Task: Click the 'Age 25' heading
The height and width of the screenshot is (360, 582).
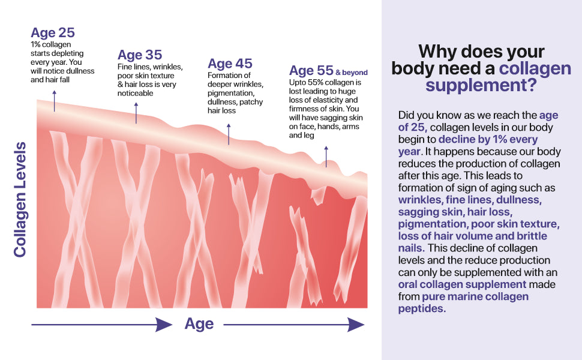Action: tap(53, 32)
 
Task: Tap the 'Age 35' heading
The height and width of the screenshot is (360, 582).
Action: tap(140, 55)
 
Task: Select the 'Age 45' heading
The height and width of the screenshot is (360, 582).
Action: tap(230, 64)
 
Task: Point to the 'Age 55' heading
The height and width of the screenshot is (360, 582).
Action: tap(311, 71)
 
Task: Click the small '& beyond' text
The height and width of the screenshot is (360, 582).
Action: tap(352, 73)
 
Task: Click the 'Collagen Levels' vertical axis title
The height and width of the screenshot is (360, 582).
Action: tap(20, 199)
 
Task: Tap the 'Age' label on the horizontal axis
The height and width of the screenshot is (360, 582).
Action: tap(199, 324)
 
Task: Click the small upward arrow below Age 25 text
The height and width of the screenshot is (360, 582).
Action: tap(55, 101)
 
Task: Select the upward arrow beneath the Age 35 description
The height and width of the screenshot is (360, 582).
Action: tap(136, 113)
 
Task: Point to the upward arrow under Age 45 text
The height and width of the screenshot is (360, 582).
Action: tap(229, 134)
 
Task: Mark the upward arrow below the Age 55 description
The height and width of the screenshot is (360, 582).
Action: tap(326, 156)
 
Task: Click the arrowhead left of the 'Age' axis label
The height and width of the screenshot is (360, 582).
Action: tap(163, 325)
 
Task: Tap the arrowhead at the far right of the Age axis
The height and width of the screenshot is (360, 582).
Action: tap(356, 325)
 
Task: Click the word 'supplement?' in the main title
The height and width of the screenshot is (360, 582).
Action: tap(481, 85)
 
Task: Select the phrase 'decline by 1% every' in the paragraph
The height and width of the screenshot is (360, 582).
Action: tap(488, 139)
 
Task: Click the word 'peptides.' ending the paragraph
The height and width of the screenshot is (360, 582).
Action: tap(422, 308)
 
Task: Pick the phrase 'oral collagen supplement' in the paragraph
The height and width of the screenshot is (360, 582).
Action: tap(462, 284)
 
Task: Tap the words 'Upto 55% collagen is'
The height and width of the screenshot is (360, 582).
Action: tap(325, 82)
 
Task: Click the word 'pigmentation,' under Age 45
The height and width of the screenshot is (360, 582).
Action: tap(231, 93)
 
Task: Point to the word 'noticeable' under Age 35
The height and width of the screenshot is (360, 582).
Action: tap(136, 93)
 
